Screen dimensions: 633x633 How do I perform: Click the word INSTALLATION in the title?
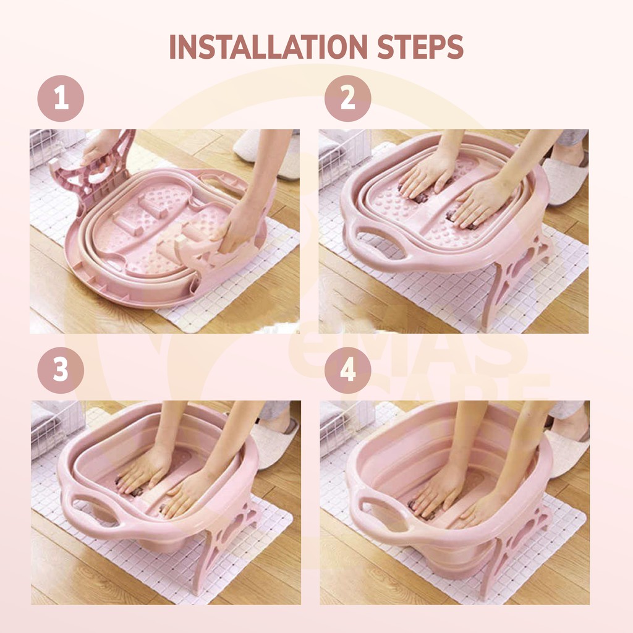pos(268,47)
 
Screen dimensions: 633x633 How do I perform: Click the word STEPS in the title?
pos(420,47)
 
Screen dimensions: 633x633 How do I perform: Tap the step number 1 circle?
pos(61,98)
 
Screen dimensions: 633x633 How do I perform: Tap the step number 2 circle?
pos(347,98)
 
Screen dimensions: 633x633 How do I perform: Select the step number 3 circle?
pos(61,370)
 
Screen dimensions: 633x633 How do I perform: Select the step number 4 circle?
pos(347,370)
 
